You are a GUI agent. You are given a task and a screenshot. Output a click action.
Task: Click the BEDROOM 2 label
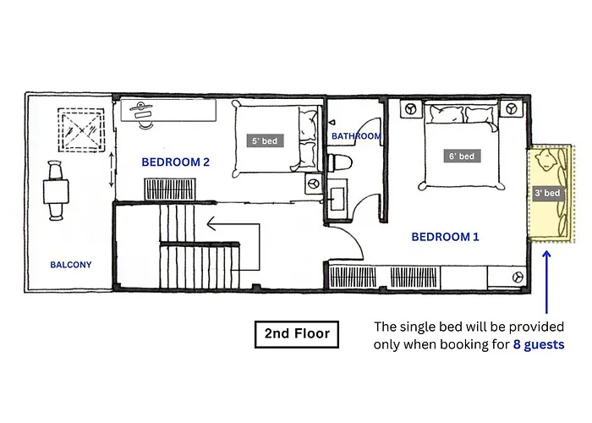175,162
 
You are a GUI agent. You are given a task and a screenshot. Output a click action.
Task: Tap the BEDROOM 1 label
445,237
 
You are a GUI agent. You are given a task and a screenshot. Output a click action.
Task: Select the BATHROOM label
356,136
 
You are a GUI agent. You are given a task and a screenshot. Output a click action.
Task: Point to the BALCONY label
71,265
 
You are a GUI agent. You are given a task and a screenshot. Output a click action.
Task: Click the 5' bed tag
265,141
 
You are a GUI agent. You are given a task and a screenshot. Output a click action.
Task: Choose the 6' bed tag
462,156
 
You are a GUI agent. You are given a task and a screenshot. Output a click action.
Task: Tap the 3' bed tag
547,193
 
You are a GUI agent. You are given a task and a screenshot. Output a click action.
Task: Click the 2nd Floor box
297,334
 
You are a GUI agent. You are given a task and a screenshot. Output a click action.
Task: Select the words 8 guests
539,344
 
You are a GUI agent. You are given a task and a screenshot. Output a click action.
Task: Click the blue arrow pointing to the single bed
546,283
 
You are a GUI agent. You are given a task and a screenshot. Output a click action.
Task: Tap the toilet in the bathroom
340,162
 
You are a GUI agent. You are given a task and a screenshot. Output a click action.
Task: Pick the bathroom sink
337,199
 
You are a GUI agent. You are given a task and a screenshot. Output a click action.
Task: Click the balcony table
56,192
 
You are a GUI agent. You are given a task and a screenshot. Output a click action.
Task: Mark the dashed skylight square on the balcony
81,130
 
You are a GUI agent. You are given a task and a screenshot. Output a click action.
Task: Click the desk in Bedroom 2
168,110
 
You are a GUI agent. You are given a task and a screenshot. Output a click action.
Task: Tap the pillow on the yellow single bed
545,160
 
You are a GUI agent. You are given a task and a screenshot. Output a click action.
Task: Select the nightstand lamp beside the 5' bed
313,184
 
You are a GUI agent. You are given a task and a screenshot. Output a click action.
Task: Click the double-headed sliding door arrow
112,169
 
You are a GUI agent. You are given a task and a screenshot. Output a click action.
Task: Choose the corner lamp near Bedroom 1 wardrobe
518,277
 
